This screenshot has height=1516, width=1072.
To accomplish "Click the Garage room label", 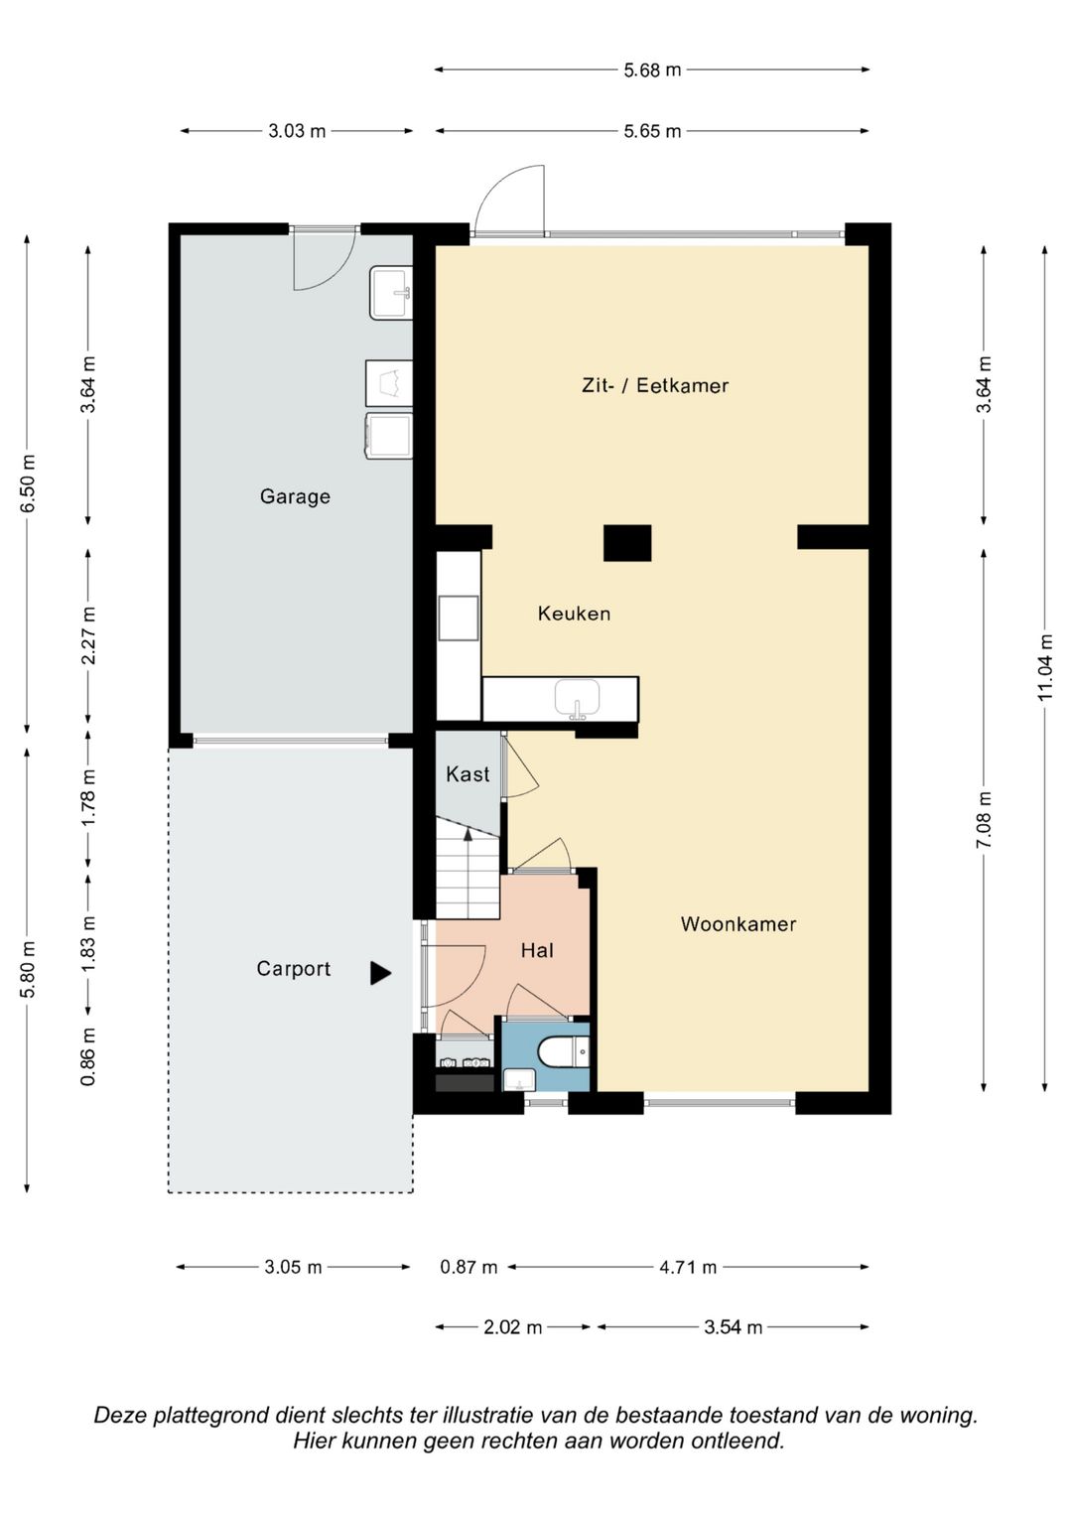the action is coord(295,496).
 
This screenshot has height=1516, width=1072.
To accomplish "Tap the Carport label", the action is coord(293,969).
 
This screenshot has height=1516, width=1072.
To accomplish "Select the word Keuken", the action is coord(574,614).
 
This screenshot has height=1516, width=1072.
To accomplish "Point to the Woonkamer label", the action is coord(738,924).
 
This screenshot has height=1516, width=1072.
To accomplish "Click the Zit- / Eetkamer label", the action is coord(655,385).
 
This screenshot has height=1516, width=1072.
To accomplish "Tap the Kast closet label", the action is coord(468,773).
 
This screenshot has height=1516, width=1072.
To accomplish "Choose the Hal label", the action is coord(537,950).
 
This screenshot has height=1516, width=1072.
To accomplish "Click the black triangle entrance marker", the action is coord(379,973).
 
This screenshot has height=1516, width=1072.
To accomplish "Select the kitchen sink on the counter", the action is coord(578,699).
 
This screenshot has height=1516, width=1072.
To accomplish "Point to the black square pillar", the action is coord(627,543).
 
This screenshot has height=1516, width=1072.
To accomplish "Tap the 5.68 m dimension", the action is coord(652,69).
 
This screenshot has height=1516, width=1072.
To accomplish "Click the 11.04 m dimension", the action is coord(1045,667).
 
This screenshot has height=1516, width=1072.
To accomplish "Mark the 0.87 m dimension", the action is coord(469,1266).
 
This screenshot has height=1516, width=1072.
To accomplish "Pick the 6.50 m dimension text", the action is coord(29,483).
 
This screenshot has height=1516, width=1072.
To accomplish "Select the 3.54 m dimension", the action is coord(733,1327).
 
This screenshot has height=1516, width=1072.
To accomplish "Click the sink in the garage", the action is coord(391,292).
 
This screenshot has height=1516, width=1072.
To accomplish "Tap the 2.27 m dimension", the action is coord(88,636).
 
